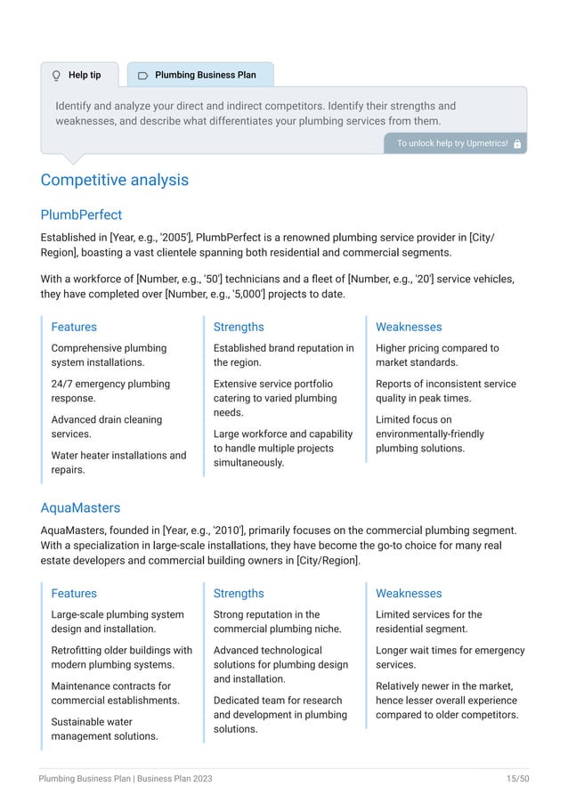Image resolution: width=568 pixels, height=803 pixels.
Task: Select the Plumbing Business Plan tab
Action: [x=199, y=76]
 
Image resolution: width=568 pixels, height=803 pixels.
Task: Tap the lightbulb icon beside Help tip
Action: [x=57, y=76]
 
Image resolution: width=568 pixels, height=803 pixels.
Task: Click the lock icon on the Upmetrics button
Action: [x=517, y=143]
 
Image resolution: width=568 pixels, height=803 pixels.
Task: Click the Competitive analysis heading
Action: [x=114, y=181]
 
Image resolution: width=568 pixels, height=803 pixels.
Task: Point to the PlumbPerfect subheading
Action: [x=81, y=215]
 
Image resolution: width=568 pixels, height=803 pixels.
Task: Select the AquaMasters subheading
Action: [x=80, y=507]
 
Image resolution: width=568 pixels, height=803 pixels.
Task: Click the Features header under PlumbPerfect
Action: [x=74, y=327]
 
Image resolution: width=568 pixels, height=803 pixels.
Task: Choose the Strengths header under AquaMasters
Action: [x=239, y=593]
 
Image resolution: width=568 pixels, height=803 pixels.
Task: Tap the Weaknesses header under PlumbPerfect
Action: [x=409, y=327]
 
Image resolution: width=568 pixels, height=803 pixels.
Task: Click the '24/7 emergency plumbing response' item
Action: [x=110, y=391]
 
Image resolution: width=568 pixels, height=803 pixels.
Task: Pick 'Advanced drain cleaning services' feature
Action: [x=107, y=426]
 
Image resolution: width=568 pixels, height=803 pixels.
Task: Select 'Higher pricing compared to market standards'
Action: [x=437, y=355]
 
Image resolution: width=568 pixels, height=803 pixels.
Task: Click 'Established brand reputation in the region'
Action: [x=283, y=355]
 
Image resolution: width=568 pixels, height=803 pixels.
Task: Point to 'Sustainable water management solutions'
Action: [x=104, y=728]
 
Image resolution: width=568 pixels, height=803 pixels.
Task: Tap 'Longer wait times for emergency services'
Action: [x=450, y=657]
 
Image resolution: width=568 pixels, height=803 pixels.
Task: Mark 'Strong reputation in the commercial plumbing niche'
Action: [x=277, y=621]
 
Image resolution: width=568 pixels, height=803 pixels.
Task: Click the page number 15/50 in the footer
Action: [x=517, y=779]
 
